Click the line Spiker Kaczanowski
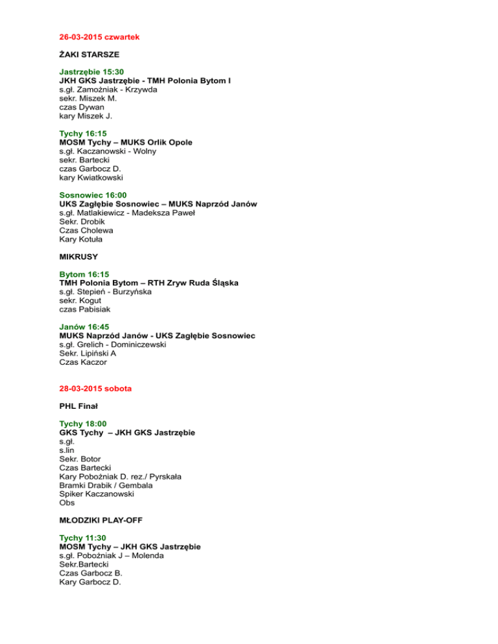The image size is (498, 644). (x=97, y=494)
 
